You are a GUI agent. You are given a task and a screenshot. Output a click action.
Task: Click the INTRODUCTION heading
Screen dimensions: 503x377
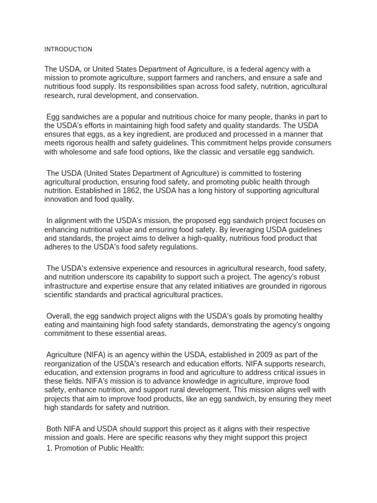68,49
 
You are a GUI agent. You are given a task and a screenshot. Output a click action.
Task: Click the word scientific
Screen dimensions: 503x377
61,295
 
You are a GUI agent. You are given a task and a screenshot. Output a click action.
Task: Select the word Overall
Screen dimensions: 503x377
59,316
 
